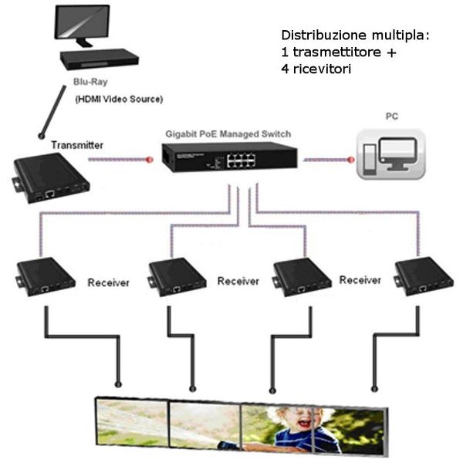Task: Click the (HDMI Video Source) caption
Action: (x=119, y=100)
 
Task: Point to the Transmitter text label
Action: (x=76, y=145)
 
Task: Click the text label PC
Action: (x=392, y=117)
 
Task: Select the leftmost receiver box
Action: (x=46, y=275)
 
